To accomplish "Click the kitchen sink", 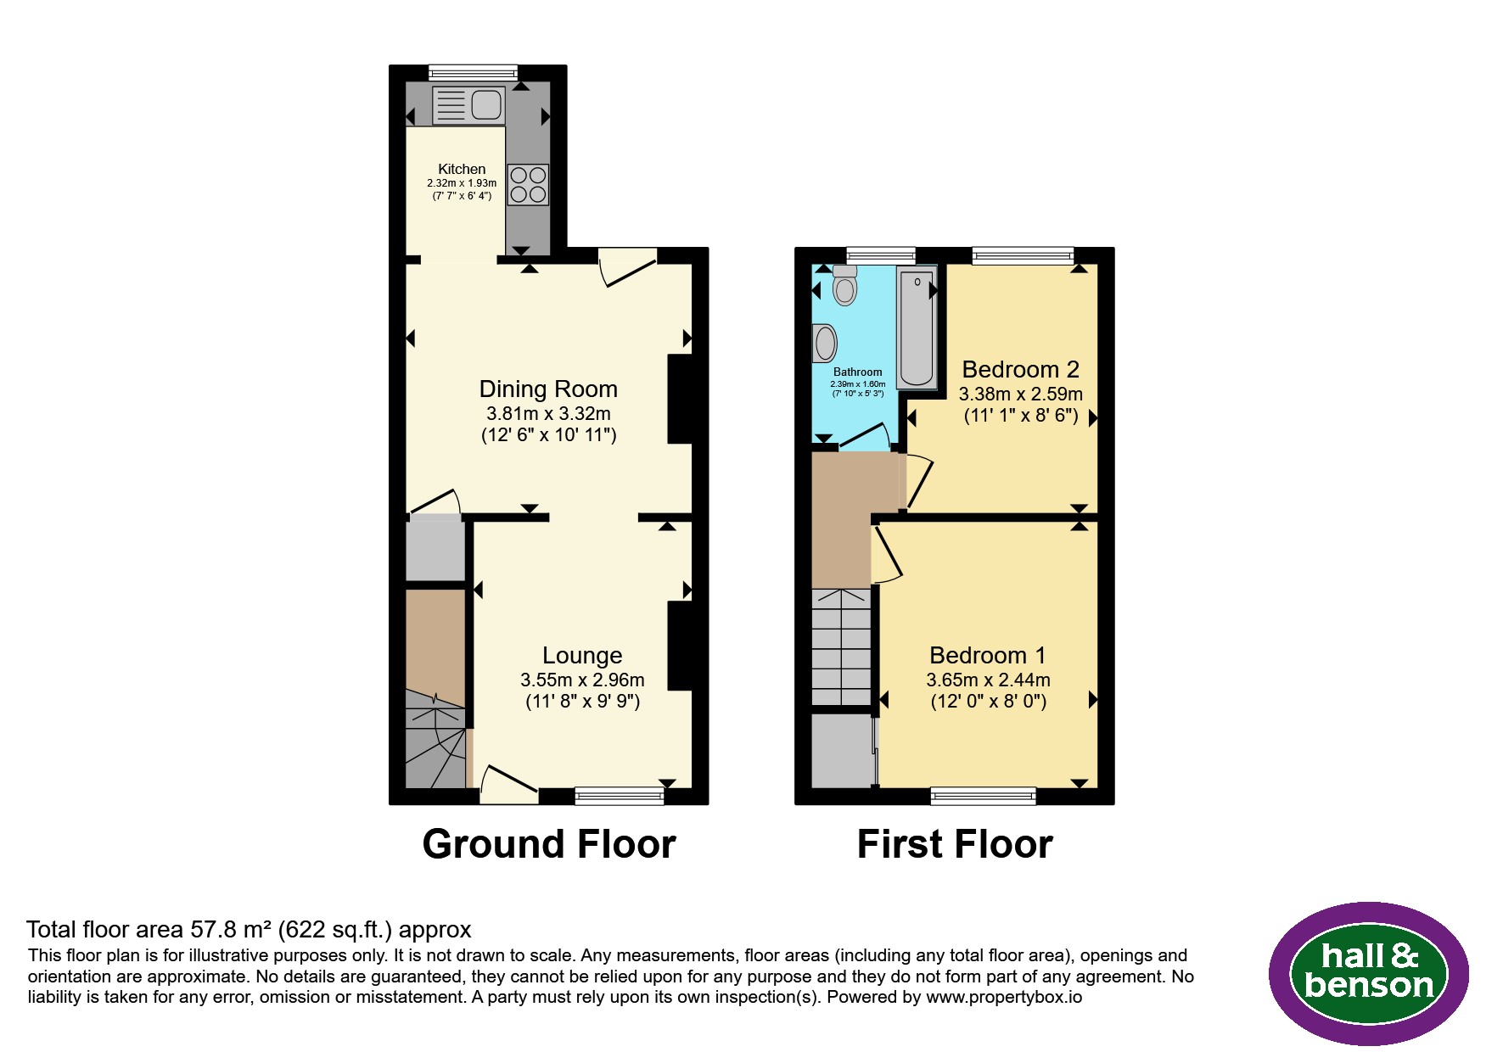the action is click(x=468, y=106).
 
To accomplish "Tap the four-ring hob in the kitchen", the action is click(x=528, y=185).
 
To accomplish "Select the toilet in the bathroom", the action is click(x=845, y=285).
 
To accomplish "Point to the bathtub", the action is click(x=917, y=327).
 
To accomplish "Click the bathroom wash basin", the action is click(x=824, y=344).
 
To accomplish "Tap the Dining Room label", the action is click(x=548, y=389).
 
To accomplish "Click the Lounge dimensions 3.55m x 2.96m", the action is click(x=582, y=680).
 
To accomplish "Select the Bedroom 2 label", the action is click(x=1020, y=369).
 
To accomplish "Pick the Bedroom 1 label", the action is click(x=988, y=655).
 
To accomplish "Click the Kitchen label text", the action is click(x=462, y=169).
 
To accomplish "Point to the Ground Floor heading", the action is click(x=549, y=844).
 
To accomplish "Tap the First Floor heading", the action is click(x=955, y=844).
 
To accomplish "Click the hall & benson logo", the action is click(x=1369, y=972).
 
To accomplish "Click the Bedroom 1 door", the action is click(x=888, y=555).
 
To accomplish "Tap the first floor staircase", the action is click(x=842, y=646).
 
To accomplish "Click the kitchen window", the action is click(x=473, y=72).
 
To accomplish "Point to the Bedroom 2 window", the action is click(x=1023, y=255).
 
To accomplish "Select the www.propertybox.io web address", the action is click(x=1004, y=997).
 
